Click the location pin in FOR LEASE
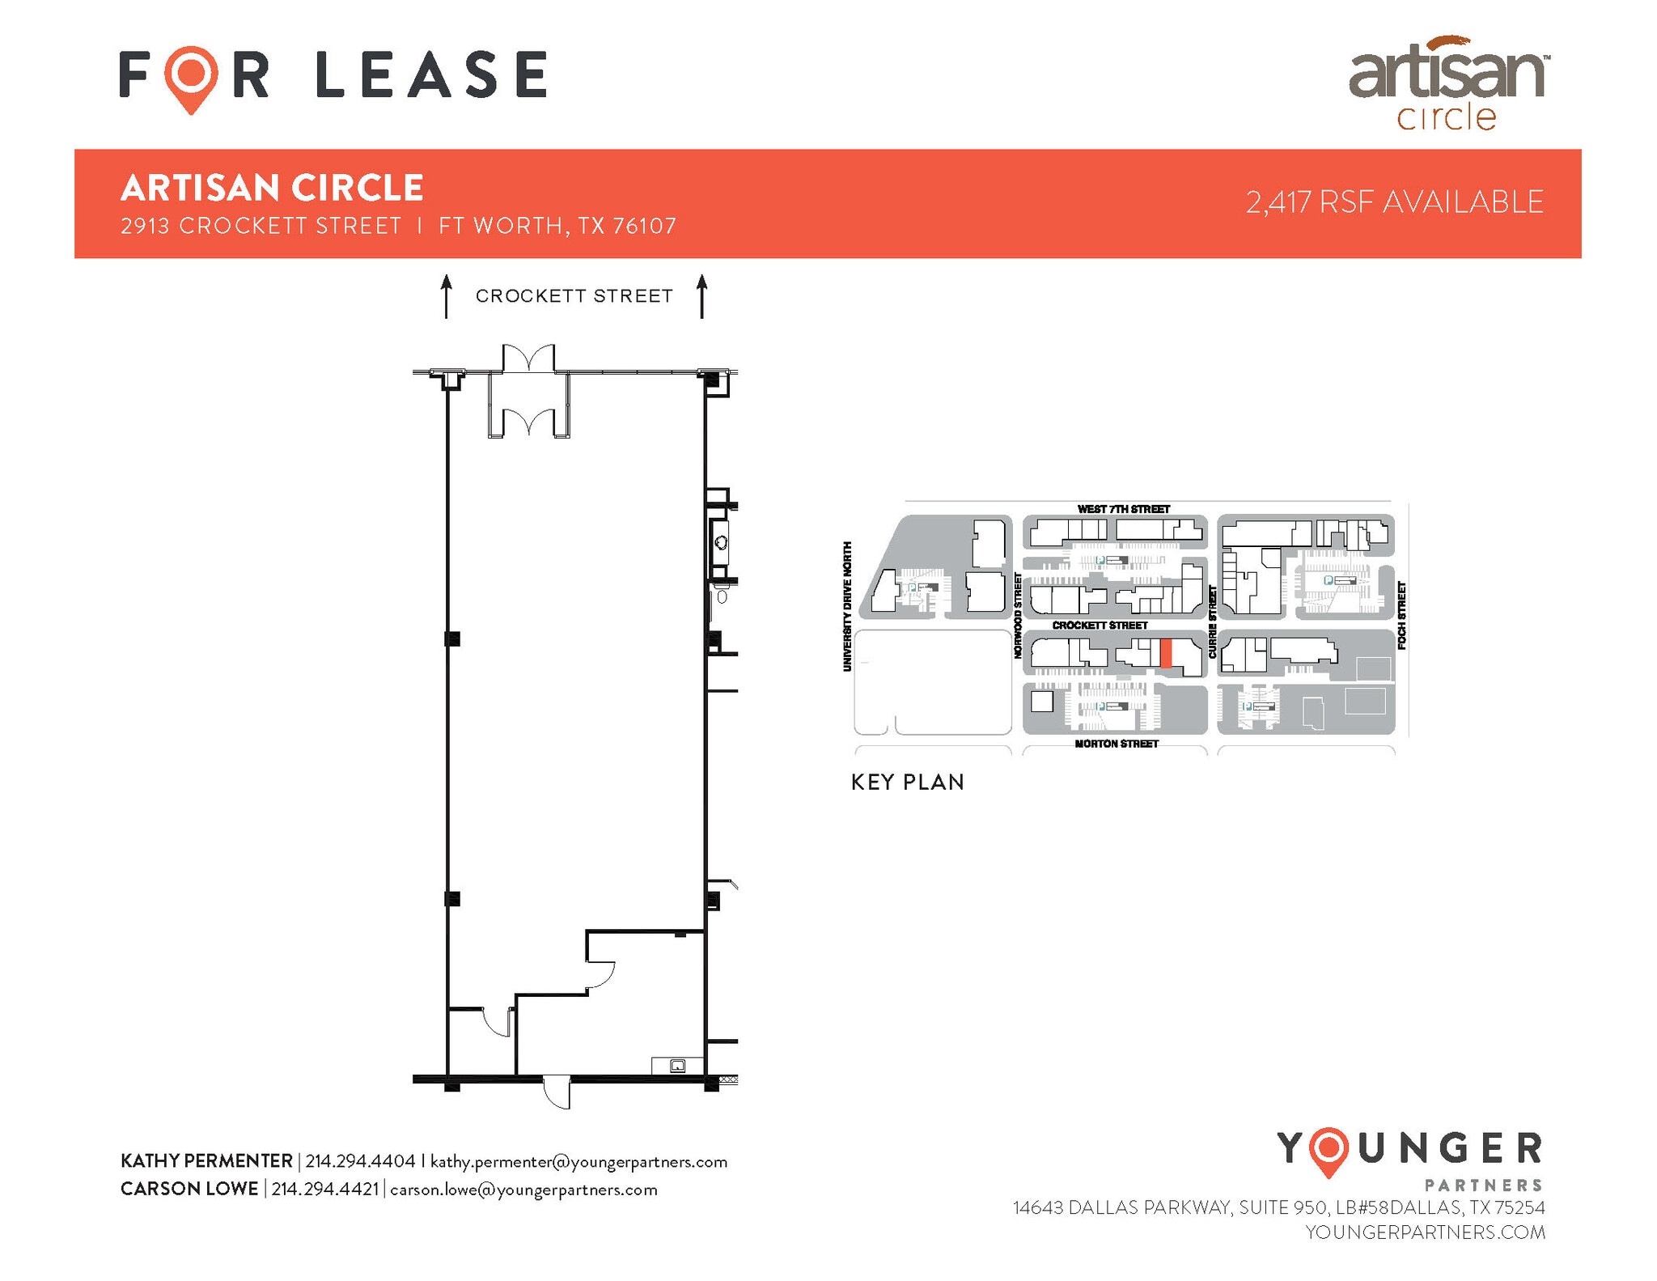coord(191,78)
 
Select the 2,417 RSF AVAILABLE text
coord(1394,202)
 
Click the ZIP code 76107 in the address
coord(644,226)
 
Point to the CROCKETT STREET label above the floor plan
coord(574,296)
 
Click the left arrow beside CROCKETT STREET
coord(446,296)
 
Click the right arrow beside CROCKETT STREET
coord(701,296)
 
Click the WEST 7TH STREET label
coord(1123,509)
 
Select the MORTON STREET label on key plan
coord(1117,744)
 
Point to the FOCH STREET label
coord(1401,615)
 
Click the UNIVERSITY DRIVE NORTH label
coord(847,606)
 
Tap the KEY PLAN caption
coord(907,783)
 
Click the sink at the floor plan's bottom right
coord(678,1066)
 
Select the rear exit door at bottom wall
coord(557,1092)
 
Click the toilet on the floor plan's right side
coord(722,597)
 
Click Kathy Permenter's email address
coord(578,1162)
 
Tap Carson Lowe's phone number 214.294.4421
coord(324,1190)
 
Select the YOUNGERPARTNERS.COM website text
coord(1425,1232)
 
